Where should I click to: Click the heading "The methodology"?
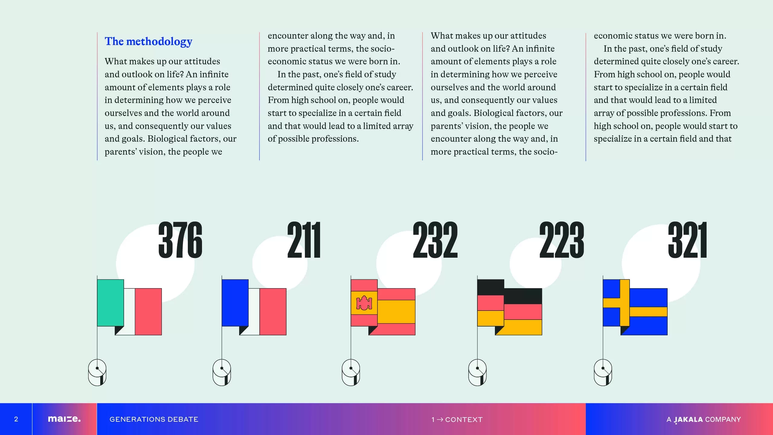click(x=148, y=41)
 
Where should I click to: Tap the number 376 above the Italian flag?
click(x=180, y=240)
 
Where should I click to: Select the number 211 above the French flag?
click(x=304, y=240)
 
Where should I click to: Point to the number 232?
click(x=435, y=240)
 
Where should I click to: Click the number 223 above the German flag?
click(x=562, y=240)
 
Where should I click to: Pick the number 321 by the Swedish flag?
click(x=688, y=240)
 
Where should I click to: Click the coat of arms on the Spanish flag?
click(x=364, y=303)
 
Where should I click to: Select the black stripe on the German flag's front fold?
click(x=490, y=287)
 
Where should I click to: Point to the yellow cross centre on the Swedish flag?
click(x=625, y=303)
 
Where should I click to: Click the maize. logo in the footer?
click(x=64, y=419)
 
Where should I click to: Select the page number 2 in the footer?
click(x=16, y=419)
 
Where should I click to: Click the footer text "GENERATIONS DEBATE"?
click(x=154, y=419)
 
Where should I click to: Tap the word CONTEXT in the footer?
click(x=464, y=420)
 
